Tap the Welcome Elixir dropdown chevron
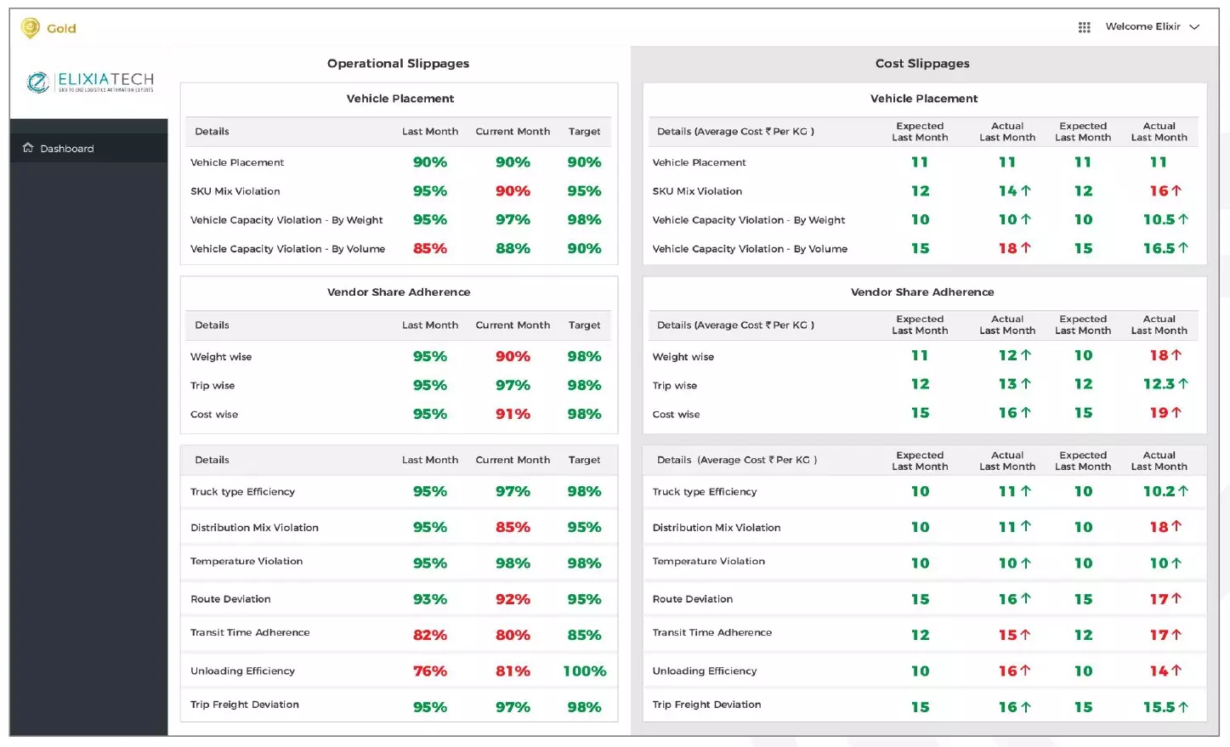pos(1194,27)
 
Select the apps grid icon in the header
pos(1084,27)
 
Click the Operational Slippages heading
pos(398,64)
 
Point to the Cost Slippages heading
pos(922,64)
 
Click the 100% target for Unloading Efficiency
pos(584,671)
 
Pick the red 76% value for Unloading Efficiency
pos(430,671)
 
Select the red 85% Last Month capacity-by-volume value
pos(430,249)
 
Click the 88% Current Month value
pos(513,249)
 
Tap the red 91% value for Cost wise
pos(513,415)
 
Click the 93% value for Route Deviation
pos(430,599)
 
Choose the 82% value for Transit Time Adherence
pos(430,636)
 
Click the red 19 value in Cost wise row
pos(1160,413)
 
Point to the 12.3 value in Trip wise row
pos(1159,384)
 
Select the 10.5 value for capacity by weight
pos(1159,220)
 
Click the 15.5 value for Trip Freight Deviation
pos(1159,707)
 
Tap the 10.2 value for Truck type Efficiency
pos(1159,491)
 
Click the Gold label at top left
pos(61,29)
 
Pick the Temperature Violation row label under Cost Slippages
pos(708,562)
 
